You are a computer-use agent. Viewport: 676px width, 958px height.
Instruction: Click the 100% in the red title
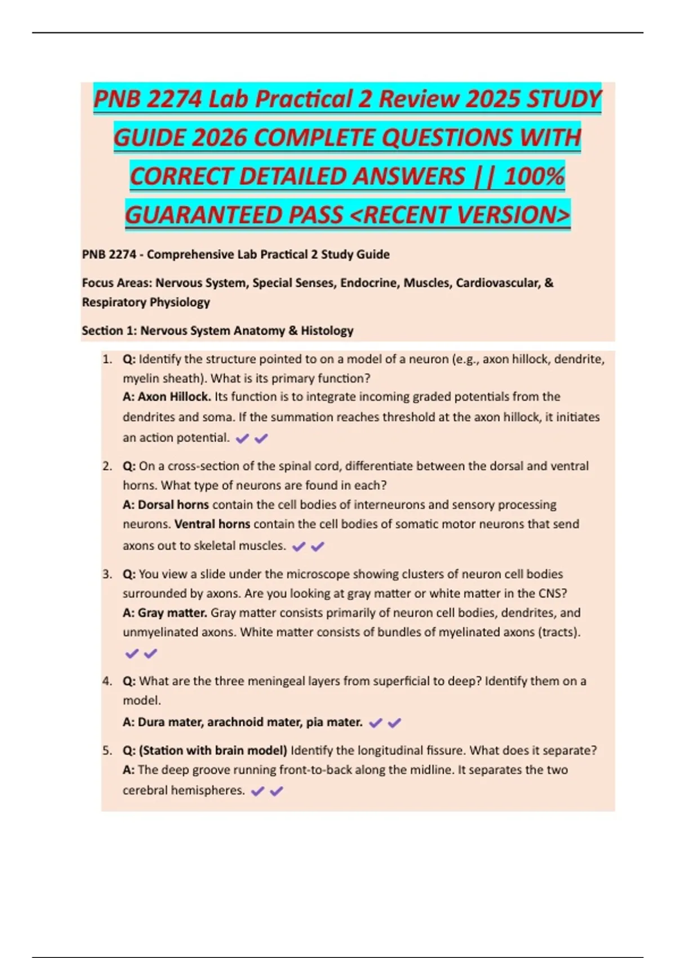(534, 176)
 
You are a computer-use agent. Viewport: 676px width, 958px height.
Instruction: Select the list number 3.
(107, 574)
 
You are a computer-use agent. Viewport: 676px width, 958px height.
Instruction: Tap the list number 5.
(107, 751)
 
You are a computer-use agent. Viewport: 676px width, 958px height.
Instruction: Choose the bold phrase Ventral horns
(212, 524)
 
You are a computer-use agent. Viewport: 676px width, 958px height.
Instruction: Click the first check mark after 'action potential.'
(242, 438)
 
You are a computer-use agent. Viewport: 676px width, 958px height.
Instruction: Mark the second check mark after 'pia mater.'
(395, 722)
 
